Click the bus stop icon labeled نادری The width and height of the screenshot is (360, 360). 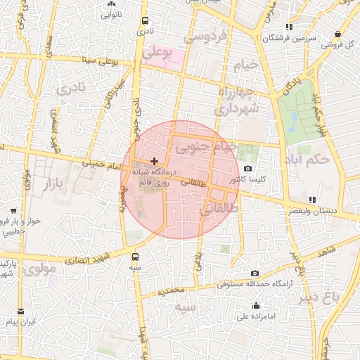click(x=145, y=21)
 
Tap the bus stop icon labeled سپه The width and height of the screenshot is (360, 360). click(x=135, y=257)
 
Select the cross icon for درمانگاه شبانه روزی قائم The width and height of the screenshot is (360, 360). click(x=154, y=162)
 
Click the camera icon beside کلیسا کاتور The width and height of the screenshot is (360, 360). click(x=247, y=168)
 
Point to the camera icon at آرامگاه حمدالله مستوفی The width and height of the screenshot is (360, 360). click(x=255, y=274)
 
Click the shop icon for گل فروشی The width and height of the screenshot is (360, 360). click(x=340, y=34)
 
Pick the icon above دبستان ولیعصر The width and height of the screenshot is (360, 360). click(x=311, y=200)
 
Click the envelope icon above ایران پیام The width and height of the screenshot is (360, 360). click(x=20, y=311)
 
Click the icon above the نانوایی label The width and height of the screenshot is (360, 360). click(x=111, y=4)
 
